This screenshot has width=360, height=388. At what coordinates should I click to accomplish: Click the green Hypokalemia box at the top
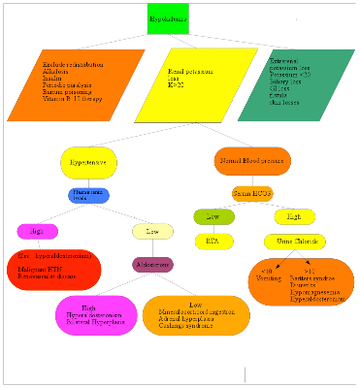click(168, 19)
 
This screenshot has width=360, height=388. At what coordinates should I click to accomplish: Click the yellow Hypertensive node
click(88, 161)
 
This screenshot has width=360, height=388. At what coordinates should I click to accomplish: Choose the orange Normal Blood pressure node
click(251, 161)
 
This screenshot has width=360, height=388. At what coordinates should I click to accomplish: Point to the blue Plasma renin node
click(88, 196)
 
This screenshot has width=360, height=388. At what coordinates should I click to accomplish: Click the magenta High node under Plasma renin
click(36, 231)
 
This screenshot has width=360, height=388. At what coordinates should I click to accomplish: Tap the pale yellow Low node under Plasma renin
click(152, 231)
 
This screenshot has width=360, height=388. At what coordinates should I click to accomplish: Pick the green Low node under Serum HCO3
click(213, 216)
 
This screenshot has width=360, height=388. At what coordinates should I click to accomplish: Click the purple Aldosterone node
click(152, 264)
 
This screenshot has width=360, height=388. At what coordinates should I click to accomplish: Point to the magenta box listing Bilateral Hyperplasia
click(89, 318)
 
